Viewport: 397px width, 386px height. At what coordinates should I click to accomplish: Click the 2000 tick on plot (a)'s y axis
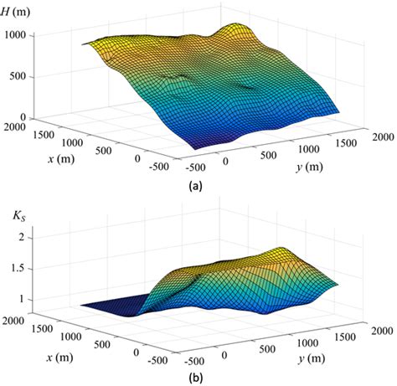tap(379, 136)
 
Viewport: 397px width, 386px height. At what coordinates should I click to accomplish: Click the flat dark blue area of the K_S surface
tap(117, 311)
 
